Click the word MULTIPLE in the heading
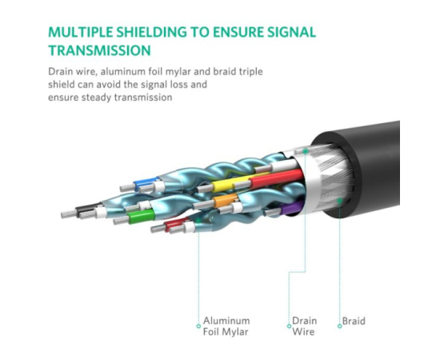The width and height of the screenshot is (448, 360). click(81, 32)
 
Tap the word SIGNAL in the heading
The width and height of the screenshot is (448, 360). click(291, 32)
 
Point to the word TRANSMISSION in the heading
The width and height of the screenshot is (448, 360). click(99, 50)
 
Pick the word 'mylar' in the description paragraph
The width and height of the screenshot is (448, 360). click(178, 71)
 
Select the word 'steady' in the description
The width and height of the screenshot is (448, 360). click(96, 98)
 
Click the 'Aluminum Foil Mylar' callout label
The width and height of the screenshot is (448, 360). click(226, 326)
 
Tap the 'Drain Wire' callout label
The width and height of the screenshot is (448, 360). click(304, 326)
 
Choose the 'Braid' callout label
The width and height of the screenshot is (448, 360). click(354, 321)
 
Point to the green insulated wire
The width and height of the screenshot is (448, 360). click(141, 217)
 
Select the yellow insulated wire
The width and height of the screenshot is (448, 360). click(231, 183)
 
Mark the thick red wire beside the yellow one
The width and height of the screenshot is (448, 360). click(275, 178)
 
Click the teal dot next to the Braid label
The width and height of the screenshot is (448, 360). click(340, 326)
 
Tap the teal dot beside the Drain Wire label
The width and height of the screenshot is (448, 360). click(289, 326)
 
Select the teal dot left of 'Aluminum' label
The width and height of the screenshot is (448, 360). click(198, 326)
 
